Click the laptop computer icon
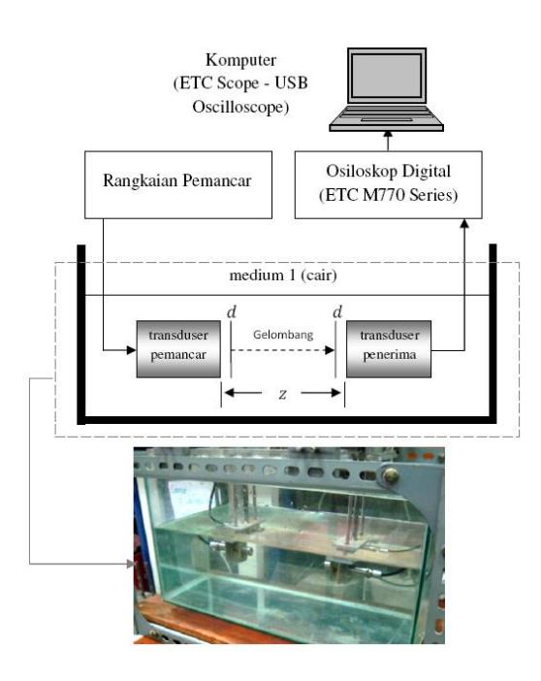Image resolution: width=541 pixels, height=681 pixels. pos(387,89)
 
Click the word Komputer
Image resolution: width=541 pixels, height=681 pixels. pos(241,60)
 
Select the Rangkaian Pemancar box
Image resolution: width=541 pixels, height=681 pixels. pos(178,184)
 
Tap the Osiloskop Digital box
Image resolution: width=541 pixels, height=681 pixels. pos(388,184)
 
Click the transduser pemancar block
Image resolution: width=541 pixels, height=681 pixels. pos(178,349)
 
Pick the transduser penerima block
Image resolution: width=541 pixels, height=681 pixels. pos(389,349)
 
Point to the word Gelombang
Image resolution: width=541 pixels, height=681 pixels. pos(283,335)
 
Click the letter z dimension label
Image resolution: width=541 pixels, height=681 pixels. pos(283,394)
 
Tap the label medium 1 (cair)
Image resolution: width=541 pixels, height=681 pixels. pos(283,276)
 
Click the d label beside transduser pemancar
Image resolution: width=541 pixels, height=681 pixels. pos(232,311)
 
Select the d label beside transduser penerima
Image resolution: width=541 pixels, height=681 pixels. pos(337,311)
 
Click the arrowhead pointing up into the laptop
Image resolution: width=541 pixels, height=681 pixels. pos(388,135)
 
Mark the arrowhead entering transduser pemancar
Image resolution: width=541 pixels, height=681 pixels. pos(132,350)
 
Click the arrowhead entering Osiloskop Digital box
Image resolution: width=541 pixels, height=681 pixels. pos(464,223)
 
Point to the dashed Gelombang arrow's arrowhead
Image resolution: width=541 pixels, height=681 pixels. pos(330,350)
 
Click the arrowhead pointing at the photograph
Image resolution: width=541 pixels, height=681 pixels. pos(130,564)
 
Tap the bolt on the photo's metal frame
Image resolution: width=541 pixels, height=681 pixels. pos(391,475)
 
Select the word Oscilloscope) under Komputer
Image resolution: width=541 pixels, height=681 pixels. pos(241,107)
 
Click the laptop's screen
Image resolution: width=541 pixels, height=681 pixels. pos(387,76)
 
